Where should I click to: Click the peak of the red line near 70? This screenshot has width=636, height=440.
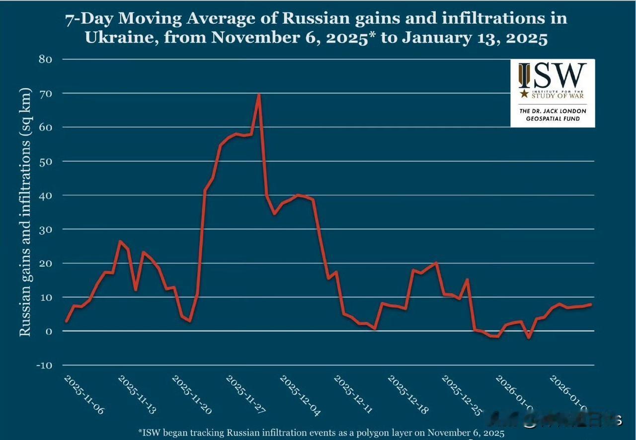(258, 94)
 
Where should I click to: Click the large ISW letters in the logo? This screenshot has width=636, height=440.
(552, 75)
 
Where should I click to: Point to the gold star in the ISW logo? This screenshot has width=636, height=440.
(523, 93)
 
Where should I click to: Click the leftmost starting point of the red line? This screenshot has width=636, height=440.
(66, 321)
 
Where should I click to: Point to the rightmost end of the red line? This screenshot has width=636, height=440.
(591, 304)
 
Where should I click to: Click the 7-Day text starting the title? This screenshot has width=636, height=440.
(90, 19)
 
